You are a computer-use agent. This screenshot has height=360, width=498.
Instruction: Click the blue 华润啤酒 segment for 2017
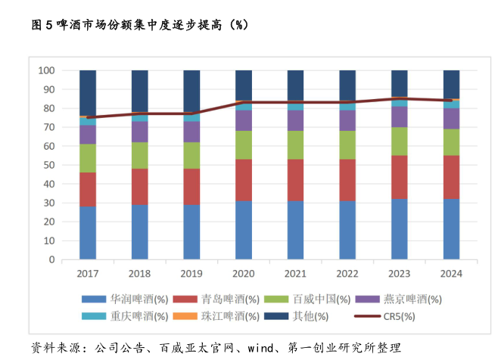(x=88, y=232)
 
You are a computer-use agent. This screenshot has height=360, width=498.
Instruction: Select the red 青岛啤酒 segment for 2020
(x=244, y=179)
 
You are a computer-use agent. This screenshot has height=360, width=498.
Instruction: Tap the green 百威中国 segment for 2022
(x=347, y=144)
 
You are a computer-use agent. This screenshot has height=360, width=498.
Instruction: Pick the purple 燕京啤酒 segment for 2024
(x=451, y=118)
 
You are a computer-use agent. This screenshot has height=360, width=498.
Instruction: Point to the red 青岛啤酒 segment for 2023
(x=400, y=177)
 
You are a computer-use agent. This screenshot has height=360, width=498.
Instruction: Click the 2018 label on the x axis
(x=140, y=273)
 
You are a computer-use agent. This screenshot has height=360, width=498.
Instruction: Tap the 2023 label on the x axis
(x=400, y=273)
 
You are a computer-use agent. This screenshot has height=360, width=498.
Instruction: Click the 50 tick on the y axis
(x=49, y=165)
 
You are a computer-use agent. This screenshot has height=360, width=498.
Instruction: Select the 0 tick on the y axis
(x=51, y=259)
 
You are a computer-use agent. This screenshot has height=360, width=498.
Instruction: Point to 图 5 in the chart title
(x=43, y=25)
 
